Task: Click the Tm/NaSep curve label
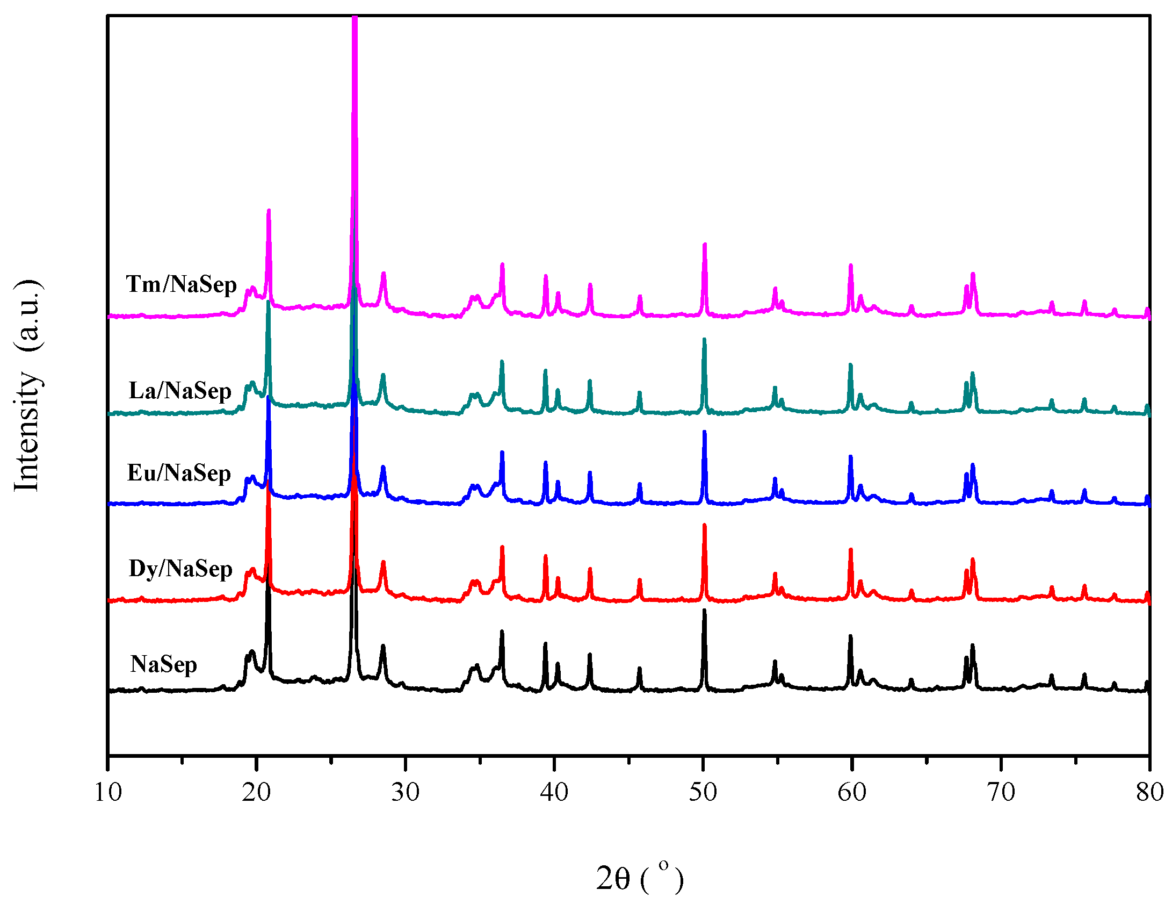click(x=181, y=284)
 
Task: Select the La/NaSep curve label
click(x=180, y=391)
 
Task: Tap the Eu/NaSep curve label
click(x=179, y=473)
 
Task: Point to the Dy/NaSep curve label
click(x=180, y=569)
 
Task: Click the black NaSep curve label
click(x=163, y=664)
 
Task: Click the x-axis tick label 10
click(x=108, y=792)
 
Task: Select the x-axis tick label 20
click(x=256, y=792)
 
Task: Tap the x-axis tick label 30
click(x=405, y=792)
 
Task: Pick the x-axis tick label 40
click(x=554, y=792)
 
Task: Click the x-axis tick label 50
click(x=703, y=792)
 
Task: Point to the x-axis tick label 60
click(x=851, y=792)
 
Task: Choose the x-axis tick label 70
click(x=1001, y=792)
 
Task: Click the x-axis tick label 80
click(x=1149, y=792)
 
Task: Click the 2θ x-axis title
click(x=639, y=879)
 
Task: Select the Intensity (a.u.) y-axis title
click(x=27, y=385)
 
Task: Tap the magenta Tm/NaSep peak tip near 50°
click(x=704, y=245)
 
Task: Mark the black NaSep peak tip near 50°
click(x=704, y=611)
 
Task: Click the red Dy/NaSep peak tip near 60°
click(x=850, y=550)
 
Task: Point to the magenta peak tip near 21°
click(x=269, y=211)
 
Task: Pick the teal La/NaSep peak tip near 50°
click(x=704, y=339)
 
